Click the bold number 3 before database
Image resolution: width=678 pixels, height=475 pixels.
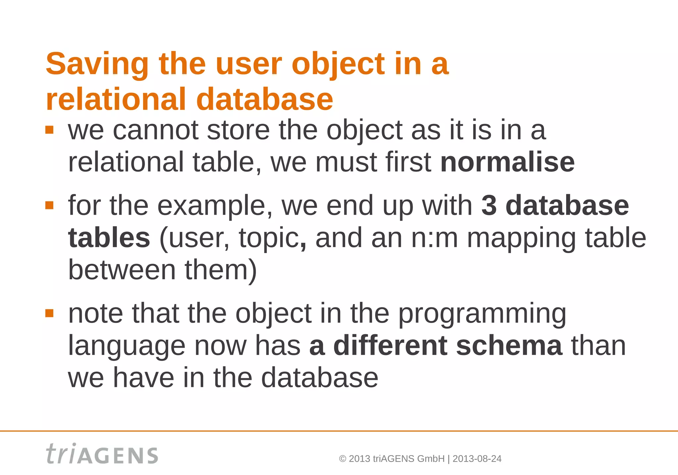pyautogui.click(x=489, y=205)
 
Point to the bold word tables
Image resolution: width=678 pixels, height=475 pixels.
pyautogui.click(x=109, y=237)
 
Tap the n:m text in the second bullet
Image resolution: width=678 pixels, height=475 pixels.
pyautogui.click(x=434, y=237)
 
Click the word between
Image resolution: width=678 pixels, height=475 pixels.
pyautogui.click(x=122, y=270)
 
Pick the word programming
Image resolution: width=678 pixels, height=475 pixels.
pyautogui.click(x=482, y=314)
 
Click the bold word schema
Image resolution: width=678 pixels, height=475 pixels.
pyautogui.click(x=509, y=345)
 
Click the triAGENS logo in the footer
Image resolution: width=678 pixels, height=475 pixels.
pyautogui.click(x=102, y=454)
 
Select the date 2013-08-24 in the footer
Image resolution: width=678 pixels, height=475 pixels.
pyautogui.click(x=477, y=459)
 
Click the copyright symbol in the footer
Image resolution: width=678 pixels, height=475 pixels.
pyautogui.click(x=343, y=459)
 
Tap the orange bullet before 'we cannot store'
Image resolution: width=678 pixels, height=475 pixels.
pyautogui.click(x=49, y=130)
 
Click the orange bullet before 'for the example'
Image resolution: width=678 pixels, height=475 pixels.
pyautogui.click(x=49, y=205)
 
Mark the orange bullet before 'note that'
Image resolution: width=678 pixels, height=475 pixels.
pyautogui.click(x=49, y=313)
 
